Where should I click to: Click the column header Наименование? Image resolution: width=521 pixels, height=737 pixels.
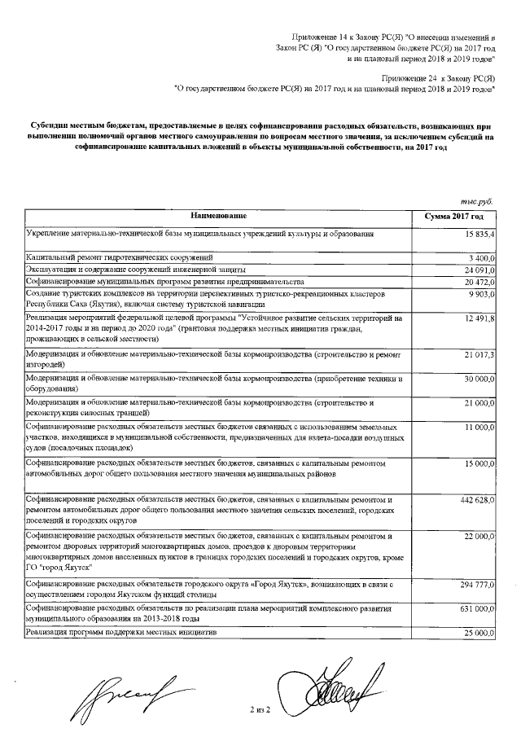[x=218, y=217]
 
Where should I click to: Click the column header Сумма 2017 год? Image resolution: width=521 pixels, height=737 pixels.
[x=454, y=217]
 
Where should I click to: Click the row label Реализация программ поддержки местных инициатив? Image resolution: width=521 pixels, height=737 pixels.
[x=122, y=632]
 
